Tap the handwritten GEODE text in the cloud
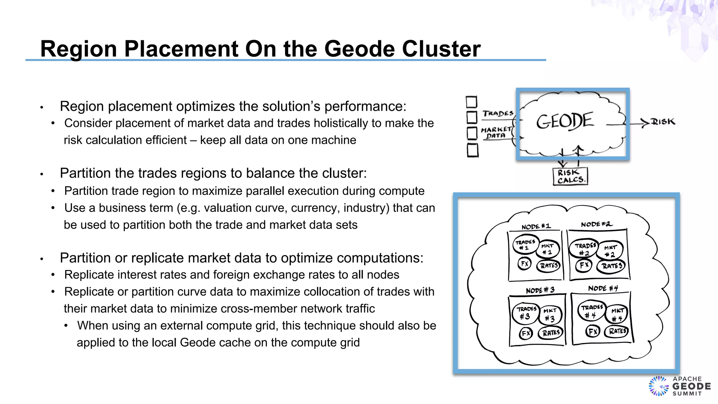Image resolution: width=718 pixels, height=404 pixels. point(565,121)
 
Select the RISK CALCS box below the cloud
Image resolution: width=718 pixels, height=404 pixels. point(570,176)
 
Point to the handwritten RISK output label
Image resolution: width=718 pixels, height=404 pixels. point(663,122)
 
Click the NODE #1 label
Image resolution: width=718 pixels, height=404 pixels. point(536,227)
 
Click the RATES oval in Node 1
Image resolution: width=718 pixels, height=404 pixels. point(549,265)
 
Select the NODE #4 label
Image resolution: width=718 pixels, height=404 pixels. point(603,288)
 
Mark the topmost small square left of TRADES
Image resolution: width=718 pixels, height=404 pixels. point(472,102)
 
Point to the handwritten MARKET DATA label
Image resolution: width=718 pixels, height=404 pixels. point(496,133)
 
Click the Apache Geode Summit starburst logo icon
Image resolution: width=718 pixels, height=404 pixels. point(658,386)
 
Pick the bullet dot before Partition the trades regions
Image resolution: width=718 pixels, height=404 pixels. point(41,174)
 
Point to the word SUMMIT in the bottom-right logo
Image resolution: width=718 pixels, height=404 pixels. point(687,394)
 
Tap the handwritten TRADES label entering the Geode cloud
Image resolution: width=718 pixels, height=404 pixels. point(498,114)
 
